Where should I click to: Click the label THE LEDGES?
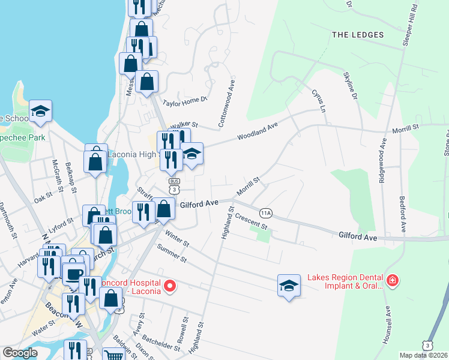pyautogui.click(x=358, y=35)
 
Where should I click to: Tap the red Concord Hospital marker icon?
pyautogui.click(x=170, y=286)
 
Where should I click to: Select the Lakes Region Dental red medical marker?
pyautogui.click(x=393, y=280)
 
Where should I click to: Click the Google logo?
pyautogui.click(x=20, y=353)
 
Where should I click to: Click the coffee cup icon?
pyautogui.click(x=74, y=274)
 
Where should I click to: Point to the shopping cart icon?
pyautogui.click(x=113, y=355)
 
